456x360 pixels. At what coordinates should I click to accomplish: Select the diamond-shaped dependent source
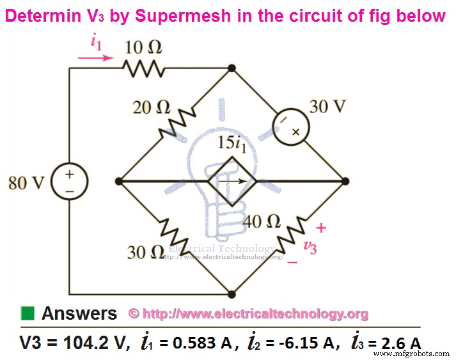click(x=231, y=182)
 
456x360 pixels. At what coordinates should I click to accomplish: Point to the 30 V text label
click(x=327, y=107)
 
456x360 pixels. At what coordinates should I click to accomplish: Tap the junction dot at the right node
click(x=345, y=182)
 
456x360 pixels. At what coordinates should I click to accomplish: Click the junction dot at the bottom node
click(x=231, y=294)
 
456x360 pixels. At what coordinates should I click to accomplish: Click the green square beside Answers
click(x=27, y=313)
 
